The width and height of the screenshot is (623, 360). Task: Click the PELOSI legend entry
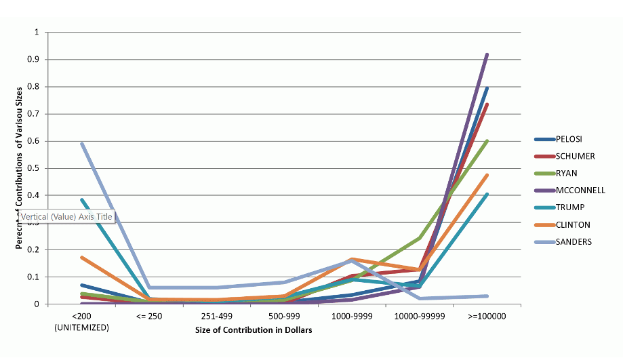coord(565,140)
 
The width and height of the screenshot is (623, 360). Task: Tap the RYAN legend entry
coord(562,174)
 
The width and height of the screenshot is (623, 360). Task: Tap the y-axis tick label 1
coord(37,33)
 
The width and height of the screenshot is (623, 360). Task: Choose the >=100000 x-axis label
coord(487,317)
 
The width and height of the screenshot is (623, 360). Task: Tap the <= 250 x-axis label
coord(149,317)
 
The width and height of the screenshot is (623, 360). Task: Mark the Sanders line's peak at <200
coord(81,143)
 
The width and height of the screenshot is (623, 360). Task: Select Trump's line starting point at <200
coord(81,199)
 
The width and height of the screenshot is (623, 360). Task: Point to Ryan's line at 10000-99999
coord(420,238)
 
